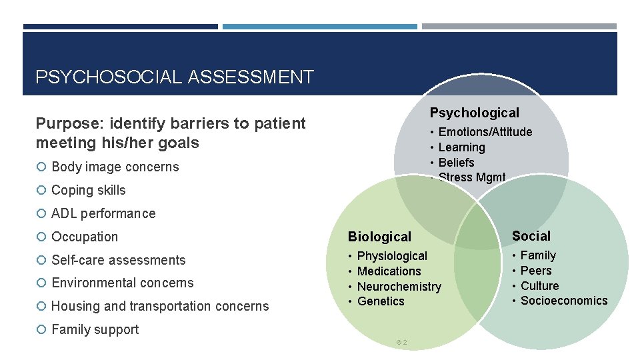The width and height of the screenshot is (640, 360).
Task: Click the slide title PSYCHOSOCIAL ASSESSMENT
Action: coord(174,77)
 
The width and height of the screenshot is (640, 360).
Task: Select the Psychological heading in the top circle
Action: coord(474,113)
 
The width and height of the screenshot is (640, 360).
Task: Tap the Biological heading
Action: coord(379,237)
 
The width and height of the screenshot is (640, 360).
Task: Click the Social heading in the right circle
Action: coord(531,236)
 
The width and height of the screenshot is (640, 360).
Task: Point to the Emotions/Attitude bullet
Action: coord(485,132)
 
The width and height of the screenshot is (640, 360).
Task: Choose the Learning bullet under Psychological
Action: coord(461,147)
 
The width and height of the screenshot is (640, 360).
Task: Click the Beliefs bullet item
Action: coord(456,163)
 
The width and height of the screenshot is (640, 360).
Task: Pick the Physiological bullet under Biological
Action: coord(392,256)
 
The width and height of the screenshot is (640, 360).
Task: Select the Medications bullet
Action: coord(389,271)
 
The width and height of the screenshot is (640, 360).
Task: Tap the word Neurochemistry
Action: coord(399,287)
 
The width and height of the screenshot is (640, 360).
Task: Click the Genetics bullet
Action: coord(381,301)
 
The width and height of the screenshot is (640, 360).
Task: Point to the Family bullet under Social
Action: coord(538,255)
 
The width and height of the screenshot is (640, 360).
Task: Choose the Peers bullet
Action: coord(536,271)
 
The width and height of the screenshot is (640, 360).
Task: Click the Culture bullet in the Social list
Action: coord(539,286)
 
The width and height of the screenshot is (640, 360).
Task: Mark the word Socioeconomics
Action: coord(564,301)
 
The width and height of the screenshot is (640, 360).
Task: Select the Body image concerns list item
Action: coord(115,167)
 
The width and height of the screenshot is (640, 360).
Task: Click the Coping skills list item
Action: coord(88,190)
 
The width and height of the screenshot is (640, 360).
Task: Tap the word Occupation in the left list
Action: coord(84,237)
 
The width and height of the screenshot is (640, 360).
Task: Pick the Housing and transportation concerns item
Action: coord(160,306)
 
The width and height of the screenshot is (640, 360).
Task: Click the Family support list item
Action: coord(95,329)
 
